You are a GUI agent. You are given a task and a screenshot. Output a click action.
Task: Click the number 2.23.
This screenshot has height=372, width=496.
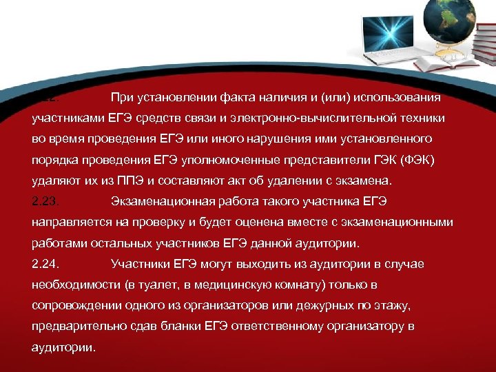click(47, 202)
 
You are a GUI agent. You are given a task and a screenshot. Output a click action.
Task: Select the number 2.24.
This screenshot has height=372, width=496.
click(47, 264)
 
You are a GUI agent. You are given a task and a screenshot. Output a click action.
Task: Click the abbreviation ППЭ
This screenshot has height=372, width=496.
click(130, 180)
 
